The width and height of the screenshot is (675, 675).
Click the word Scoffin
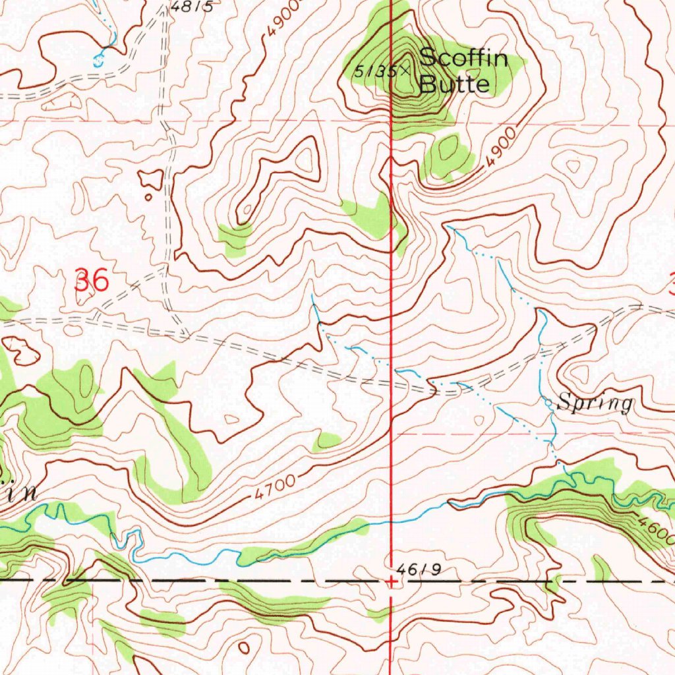pyautogui.click(x=463, y=58)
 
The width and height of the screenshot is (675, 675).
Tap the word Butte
pyautogui.click(x=455, y=84)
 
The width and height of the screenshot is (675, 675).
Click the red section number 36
pyautogui.click(x=91, y=281)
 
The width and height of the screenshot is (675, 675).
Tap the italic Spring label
pyautogui.click(x=595, y=403)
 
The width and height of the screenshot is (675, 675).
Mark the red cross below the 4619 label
pyautogui.click(x=392, y=581)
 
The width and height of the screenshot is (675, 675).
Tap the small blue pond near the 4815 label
pyautogui.click(x=99, y=61)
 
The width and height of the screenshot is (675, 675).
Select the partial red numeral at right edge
pyautogui.click(x=670, y=285)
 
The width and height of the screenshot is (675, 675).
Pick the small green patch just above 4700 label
pyautogui.click(x=326, y=441)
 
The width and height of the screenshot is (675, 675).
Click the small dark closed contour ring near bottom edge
pyautogui.click(x=244, y=648)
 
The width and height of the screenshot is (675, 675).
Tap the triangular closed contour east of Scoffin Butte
pyautogui.click(x=571, y=164)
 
